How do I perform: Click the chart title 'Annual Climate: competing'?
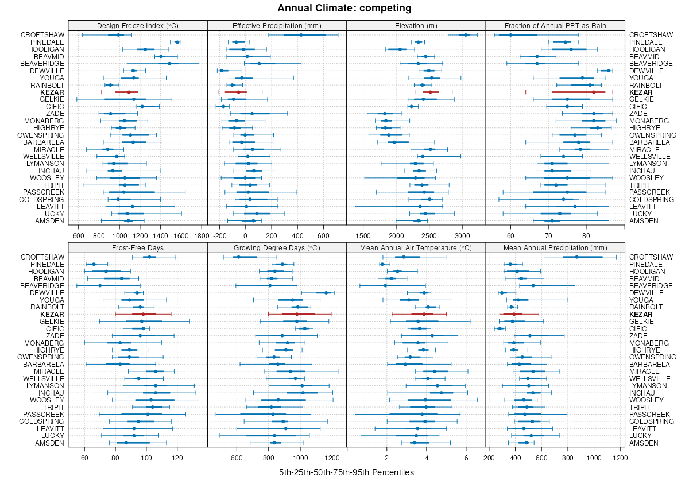pyautogui.click(x=344, y=8)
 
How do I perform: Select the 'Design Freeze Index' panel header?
pyautogui.click(x=137, y=25)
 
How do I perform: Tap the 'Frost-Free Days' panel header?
pyautogui.click(x=137, y=247)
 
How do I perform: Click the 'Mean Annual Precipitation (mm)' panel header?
pyautogui.click(x=555, y=247)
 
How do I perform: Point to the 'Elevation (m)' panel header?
pyautogui.click(x=416, y=25)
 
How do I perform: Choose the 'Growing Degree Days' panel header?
pyautogui.click(x=277, y=247)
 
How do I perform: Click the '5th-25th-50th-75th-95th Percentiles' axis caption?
pyautogui.click(x=346, y=472)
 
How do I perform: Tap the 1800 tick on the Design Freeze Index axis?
pyautogui.click(x=202, y=235)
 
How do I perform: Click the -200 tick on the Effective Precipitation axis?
pyautogui.click(x=219, y=235)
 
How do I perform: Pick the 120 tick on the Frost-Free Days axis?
pyautogui.click(x=177, y=458)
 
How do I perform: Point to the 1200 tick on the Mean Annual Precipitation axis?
pyautogui.click(x=620, y=458)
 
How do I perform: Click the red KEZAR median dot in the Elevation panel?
pyautogui.click(x=430, y=92)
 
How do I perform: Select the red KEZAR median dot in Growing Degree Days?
pyautogui.click(x=297, y=314)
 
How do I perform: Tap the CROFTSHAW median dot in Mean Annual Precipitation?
pyautogui.click(x=577, y=257)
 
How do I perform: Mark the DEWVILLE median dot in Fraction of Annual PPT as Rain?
pyautogui.click(x=609, y=71)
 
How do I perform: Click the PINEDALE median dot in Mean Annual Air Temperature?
pyautogui.click(x=382, y=264)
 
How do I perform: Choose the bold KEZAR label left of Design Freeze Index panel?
pyautogui.click(x=52, y=92)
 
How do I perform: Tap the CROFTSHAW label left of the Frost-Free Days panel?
pyautogui.click(x=42, y=257)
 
